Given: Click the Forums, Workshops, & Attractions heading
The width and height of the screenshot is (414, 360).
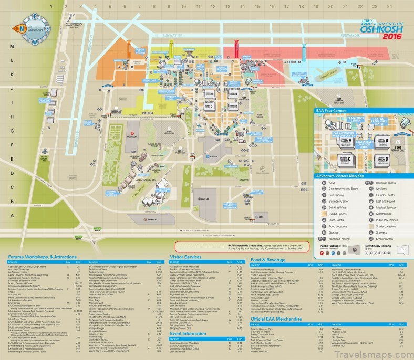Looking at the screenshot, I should click(42, 257).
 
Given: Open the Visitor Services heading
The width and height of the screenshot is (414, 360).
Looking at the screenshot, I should click(185, 257).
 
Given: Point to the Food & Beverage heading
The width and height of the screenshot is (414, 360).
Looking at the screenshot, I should click(268, 260).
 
